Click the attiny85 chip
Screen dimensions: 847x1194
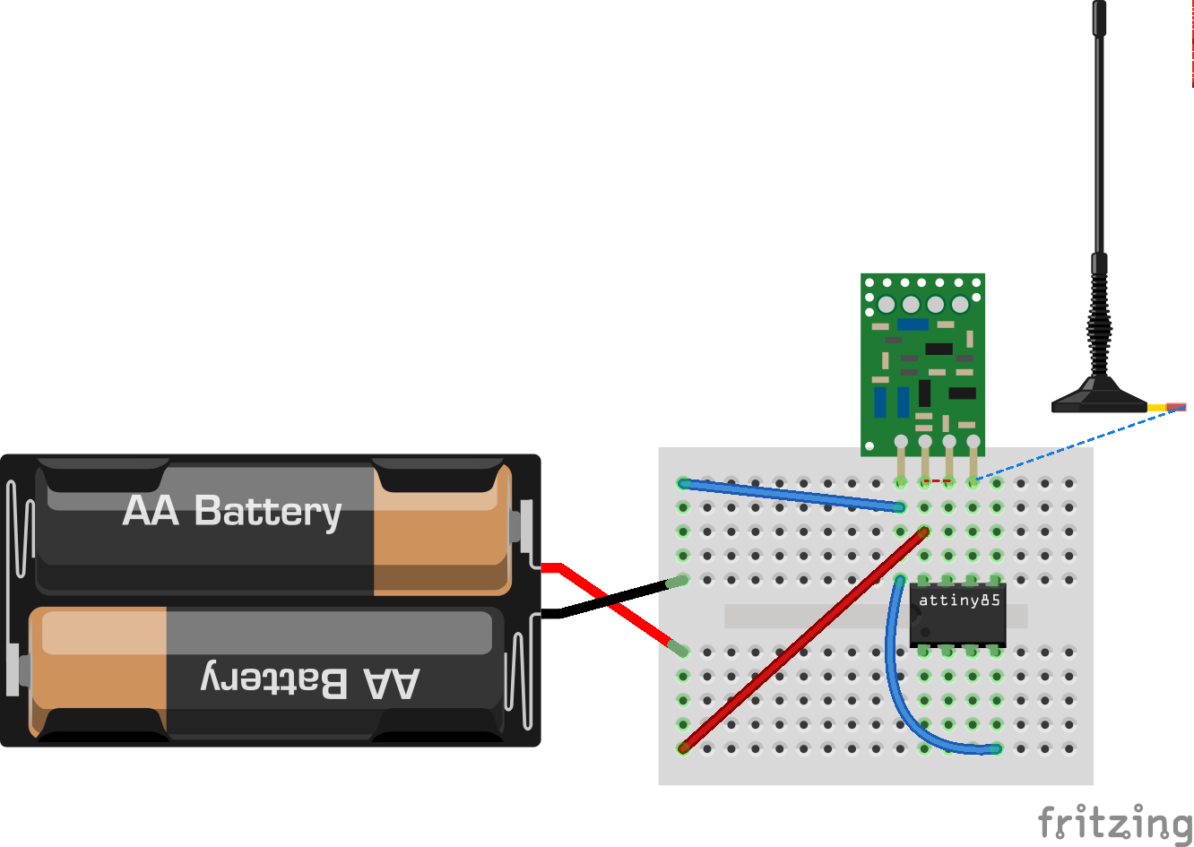click(x=957, y=614)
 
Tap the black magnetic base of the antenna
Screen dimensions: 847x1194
click(x=1098, y=399)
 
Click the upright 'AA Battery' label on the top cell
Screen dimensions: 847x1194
click(x=232, y=511)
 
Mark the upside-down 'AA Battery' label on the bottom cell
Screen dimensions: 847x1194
click(x=308, y=680)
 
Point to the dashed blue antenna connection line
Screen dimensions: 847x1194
click(x=1076, y=444)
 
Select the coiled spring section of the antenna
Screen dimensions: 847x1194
click(x=1098, y=323)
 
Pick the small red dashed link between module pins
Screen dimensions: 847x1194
click(x=937, y=481)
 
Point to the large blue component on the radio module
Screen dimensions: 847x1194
click(x=913, y=324)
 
